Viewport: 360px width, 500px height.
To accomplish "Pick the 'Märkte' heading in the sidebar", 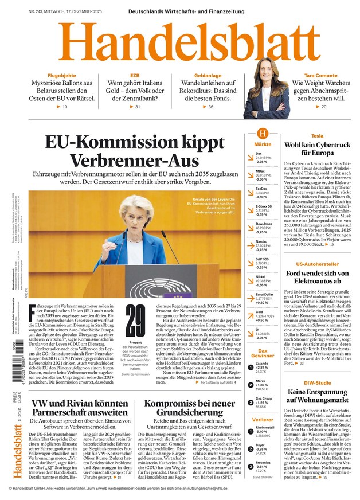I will pyautogui.click(x=263, y=144).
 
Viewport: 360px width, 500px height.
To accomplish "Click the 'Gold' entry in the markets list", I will pyautogui.click(x=260, y=312).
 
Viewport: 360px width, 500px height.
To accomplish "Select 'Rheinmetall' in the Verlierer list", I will pyautogui.click(x=265, y=427).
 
